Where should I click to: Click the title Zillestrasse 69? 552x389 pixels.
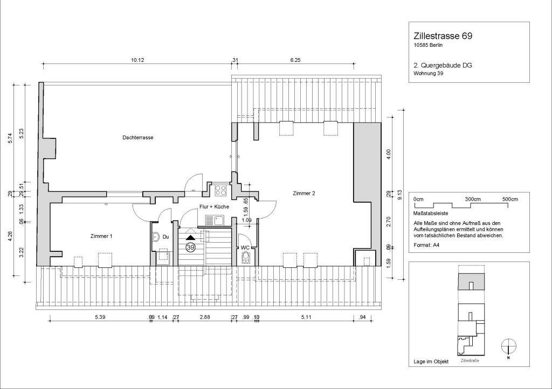(x=443, y=37)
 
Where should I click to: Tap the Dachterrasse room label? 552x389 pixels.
(x=138, y=138)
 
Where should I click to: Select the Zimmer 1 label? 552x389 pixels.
(x=101, y=236)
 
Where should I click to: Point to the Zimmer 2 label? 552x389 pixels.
(x=304, y=193)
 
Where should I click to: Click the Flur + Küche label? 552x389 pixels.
(x=214, y=207)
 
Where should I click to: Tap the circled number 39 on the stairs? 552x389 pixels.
(x=190, y=247)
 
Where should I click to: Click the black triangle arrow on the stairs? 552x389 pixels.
(x=190, y=236)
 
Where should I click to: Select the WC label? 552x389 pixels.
(x=245, y=247)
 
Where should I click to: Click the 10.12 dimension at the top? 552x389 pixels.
(x=137, y=60)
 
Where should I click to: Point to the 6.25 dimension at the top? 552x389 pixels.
(x=295, y=60)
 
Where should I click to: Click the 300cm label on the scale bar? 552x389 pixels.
(x=473, y=199)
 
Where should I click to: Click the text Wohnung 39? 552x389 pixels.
(x=428, y=74)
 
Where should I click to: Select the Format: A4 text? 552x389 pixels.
(x=426, y=245)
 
